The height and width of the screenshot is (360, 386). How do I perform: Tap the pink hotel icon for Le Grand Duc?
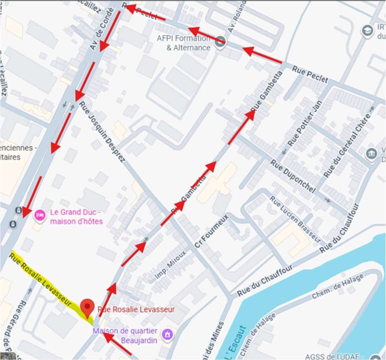[39, 215]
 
